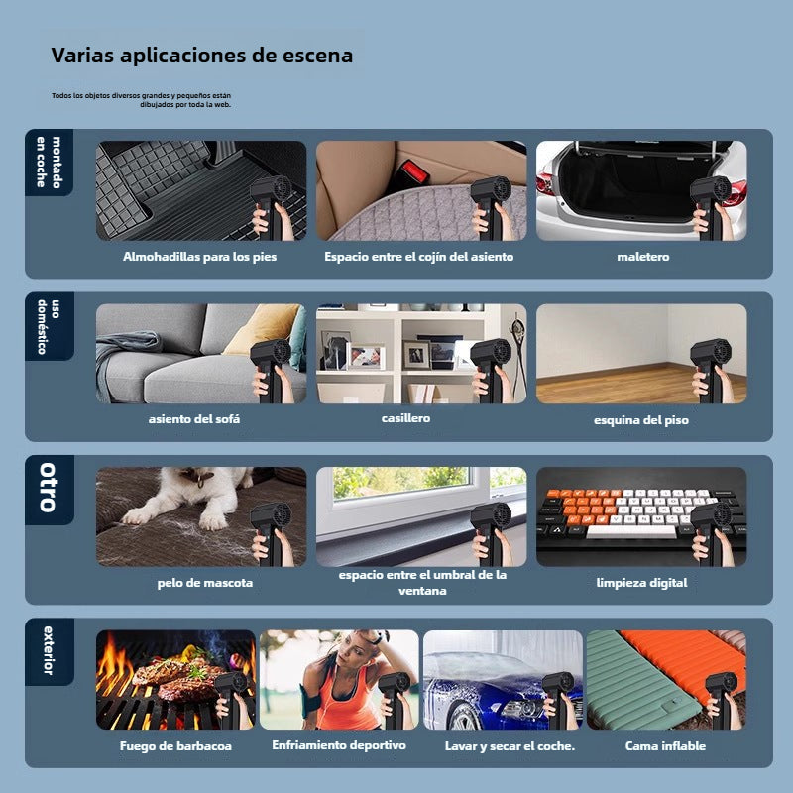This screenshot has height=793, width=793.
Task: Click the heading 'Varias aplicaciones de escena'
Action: pyautogui.click(x=202, y=56)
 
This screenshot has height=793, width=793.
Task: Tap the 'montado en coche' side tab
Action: pyautogui.click(x=49, y=162)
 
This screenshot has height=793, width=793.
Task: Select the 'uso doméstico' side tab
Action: pyautogui.click(x=49, y=326)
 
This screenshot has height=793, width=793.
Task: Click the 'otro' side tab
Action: pyautogui.click(x=49, y=489)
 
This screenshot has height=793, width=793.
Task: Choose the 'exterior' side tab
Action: pyautogui.click(x=49, y=651)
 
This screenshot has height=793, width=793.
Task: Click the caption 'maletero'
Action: pyautogui.click(x=642, y=257)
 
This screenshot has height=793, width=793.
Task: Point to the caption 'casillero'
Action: pyautogui.click(x=405, y=418)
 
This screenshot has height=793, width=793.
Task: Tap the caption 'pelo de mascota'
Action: pyautogui.click(x=205, y=583)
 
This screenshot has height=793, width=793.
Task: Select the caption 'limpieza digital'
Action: pyautogui.click(x=641, y=583)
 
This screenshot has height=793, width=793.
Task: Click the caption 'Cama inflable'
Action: pyautogui.click(x=665, y=746)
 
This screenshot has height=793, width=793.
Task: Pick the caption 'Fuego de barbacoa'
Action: pyautogui.click(x=175, y=746)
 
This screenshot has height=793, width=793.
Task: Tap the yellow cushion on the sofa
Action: pyautogui.click(x=262, y=329)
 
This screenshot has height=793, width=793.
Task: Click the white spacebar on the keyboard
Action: pyautogui.click(x=630, y=532)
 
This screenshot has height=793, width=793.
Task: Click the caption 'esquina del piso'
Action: pyautogui.click(x=641, y=420)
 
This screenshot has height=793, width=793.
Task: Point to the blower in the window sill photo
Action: pyautogui.click(x=491, y=530)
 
